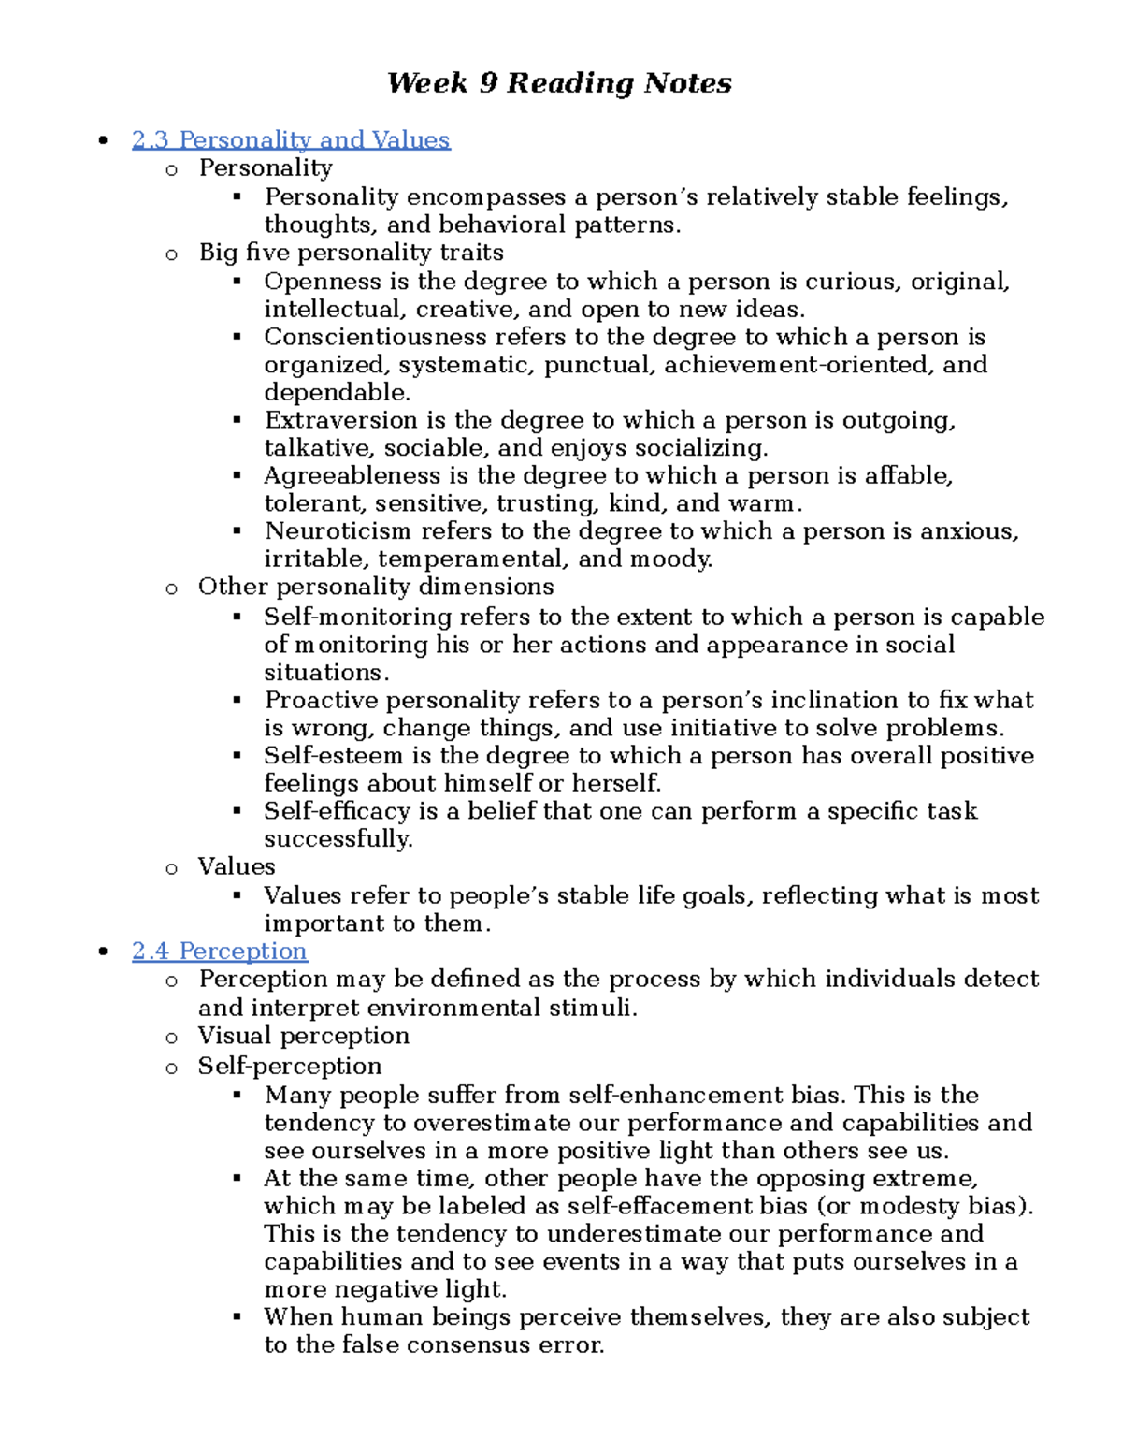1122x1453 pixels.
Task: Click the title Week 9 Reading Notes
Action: pyautogui.click(x=559, y=83)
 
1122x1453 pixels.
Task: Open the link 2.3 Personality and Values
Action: pyautogui.click(x=291, y=140)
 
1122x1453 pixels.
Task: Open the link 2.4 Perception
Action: pyautogui.click(x=219, y=952)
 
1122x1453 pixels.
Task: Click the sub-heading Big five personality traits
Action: pyautogui.click(x=351, y=253)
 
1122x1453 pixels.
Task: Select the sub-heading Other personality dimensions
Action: pyautogui.click(x=376, y=587)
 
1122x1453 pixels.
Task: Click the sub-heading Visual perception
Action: pyautogui.click(x=303, y=1036)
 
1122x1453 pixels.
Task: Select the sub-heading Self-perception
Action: pyautogui.click(x=290, y=1067)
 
